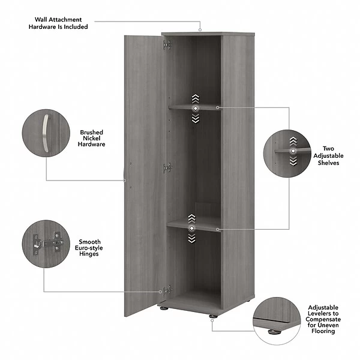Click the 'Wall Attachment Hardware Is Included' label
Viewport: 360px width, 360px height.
tap(61, 23)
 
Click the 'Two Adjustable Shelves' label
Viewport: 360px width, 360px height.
tap(328, 155)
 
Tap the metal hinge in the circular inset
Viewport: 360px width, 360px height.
tap(46, 243)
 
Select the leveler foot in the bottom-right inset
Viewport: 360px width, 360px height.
tap(273, 328)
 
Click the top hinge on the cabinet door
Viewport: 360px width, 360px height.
tap(167, 44)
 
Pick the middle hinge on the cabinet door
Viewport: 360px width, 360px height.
tap(167, 168)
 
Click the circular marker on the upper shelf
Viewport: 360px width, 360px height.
tap(195, 108)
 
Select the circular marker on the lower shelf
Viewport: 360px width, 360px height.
tap(191, 229)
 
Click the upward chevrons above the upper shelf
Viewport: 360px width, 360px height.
tap(195, 98)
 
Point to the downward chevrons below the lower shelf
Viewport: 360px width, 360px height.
tap(191, 239)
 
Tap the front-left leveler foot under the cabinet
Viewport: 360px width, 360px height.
tap(163, 311)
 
